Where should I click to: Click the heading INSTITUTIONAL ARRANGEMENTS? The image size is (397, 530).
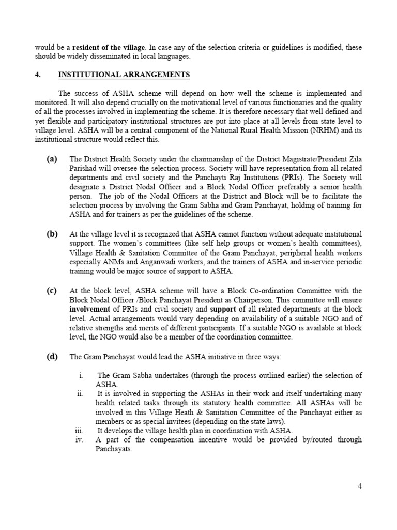(124, 75)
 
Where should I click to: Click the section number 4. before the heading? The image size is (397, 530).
(38, 75)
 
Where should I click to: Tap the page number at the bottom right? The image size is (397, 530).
(359, 486)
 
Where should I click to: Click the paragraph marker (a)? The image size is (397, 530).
(52, 159)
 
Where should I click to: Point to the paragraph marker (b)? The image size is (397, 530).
(52, 234)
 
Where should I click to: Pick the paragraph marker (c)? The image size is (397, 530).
(52, 290)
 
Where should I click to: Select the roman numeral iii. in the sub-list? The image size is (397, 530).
(79, 431)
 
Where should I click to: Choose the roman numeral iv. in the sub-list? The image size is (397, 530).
(79, 440)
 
